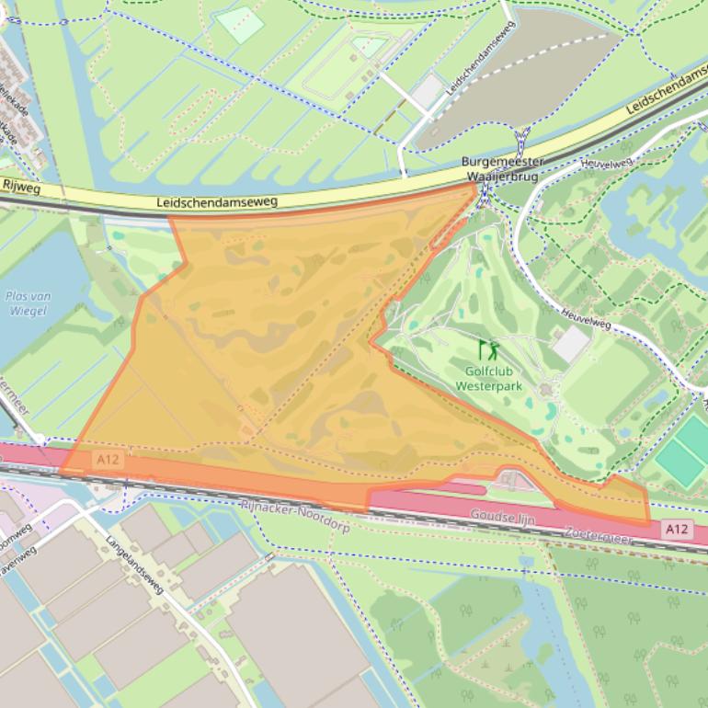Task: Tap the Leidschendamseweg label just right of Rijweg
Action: [x=217, y=201]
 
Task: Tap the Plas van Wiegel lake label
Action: [x=28, y=303]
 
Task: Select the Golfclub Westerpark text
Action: [x=489, y=379]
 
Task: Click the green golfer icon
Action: [x=489, y=349]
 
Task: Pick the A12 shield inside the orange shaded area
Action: [x=108, y=458]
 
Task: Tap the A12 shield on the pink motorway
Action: [x=677, y=529]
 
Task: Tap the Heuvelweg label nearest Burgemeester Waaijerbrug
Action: [x=608, y=163]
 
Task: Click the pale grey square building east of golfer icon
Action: [x=571, y=344]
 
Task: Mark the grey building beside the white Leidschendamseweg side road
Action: [x=428, y=91]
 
